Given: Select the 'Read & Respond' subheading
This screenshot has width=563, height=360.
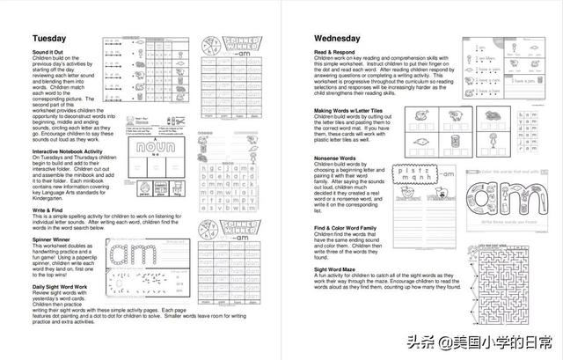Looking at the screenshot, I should pyautogui.click(x=333, y=53).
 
